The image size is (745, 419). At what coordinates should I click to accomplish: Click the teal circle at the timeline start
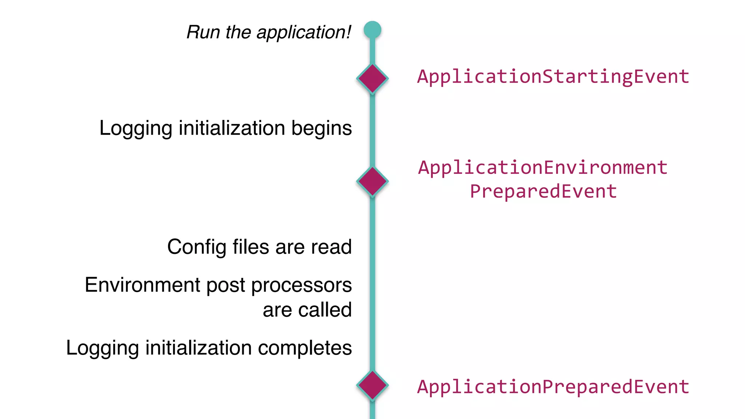tap(372, 29)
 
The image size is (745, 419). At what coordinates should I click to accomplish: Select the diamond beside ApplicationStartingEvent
tap(372, 78)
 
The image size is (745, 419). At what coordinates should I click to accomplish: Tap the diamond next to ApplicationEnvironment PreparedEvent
tap(372, 181)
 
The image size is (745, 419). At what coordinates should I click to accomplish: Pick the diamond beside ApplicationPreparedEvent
tap(372, 385)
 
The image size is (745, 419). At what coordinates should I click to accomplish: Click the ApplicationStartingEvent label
tap(553, 77)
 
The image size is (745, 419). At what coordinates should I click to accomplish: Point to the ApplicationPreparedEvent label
tap(553, 387)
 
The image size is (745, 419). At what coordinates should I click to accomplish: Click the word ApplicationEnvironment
tap(543, 168)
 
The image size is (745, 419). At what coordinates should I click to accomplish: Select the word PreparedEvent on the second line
tap(543, 191)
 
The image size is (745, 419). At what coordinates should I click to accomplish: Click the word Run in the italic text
tap(203, 32)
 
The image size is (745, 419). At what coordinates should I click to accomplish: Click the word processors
tap(301, 286)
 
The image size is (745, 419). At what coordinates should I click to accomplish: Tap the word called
tap(324, 310)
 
